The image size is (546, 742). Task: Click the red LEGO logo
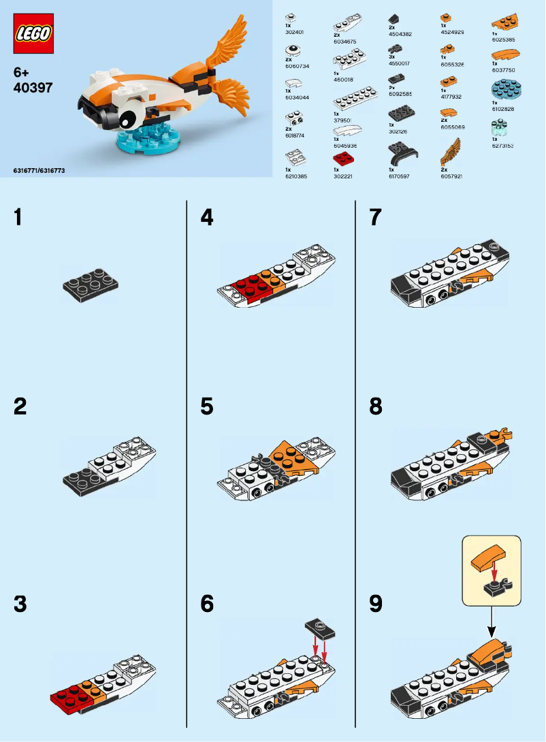tap(33, 35)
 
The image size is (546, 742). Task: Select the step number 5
tap(207, 407)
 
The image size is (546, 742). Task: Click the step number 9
tap(375, 604)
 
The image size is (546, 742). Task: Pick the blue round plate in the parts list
tap(504, 90)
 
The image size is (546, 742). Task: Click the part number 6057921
tap(451, 176)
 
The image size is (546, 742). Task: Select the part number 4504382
tap(400, 33)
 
